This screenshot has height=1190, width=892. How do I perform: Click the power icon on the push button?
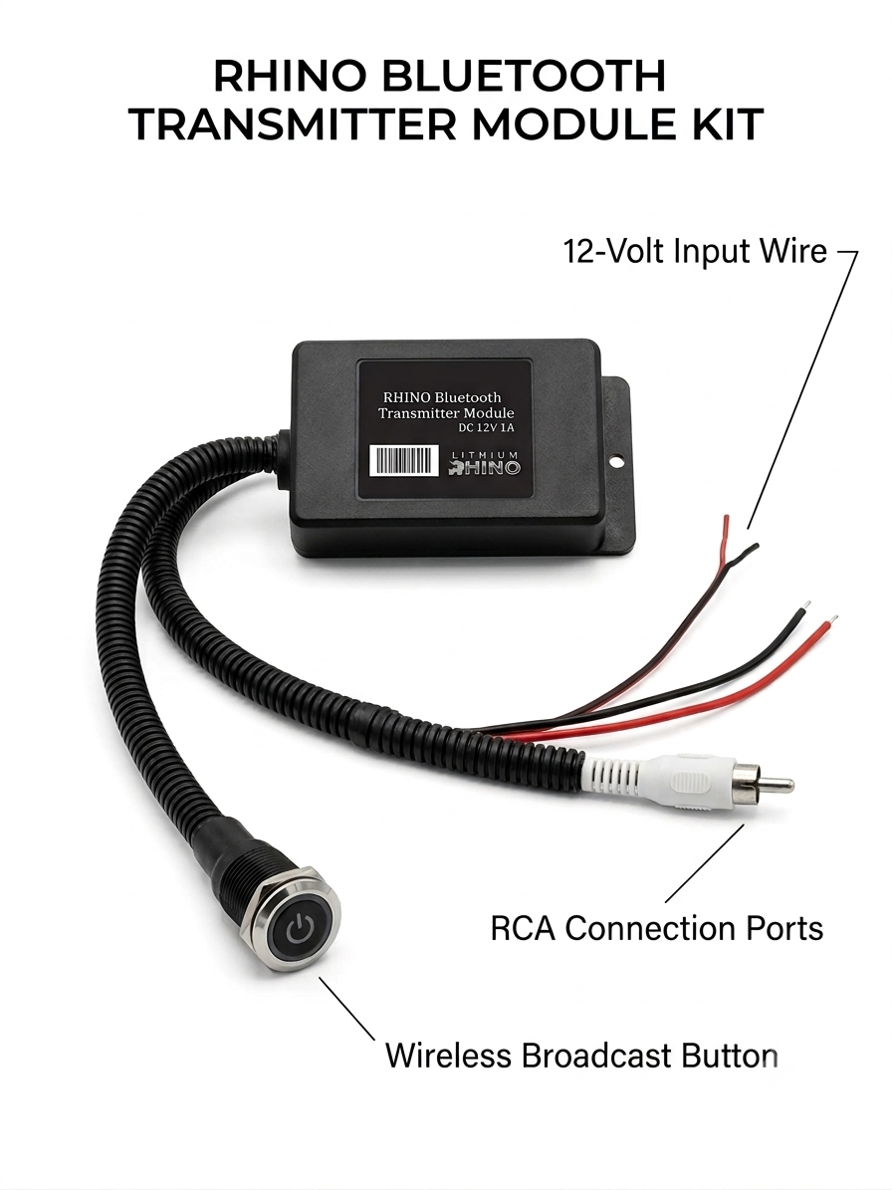[300, 928]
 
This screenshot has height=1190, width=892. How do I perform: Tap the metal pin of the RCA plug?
[775, 784]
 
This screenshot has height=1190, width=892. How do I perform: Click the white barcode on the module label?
[407, 461]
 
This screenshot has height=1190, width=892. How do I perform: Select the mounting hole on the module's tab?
[616, 460]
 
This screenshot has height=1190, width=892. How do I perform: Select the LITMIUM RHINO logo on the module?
[486, 462]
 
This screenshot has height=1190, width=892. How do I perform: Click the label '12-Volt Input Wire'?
[694, 251]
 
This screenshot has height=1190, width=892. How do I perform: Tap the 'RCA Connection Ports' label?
[657, 928]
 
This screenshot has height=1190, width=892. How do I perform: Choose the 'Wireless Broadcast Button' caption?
[581, 1056]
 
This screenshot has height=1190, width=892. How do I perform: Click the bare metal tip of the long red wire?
[831, 620]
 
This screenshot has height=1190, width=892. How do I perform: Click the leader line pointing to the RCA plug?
[705, 863]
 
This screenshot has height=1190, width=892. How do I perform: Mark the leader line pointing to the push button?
[346, 1008]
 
